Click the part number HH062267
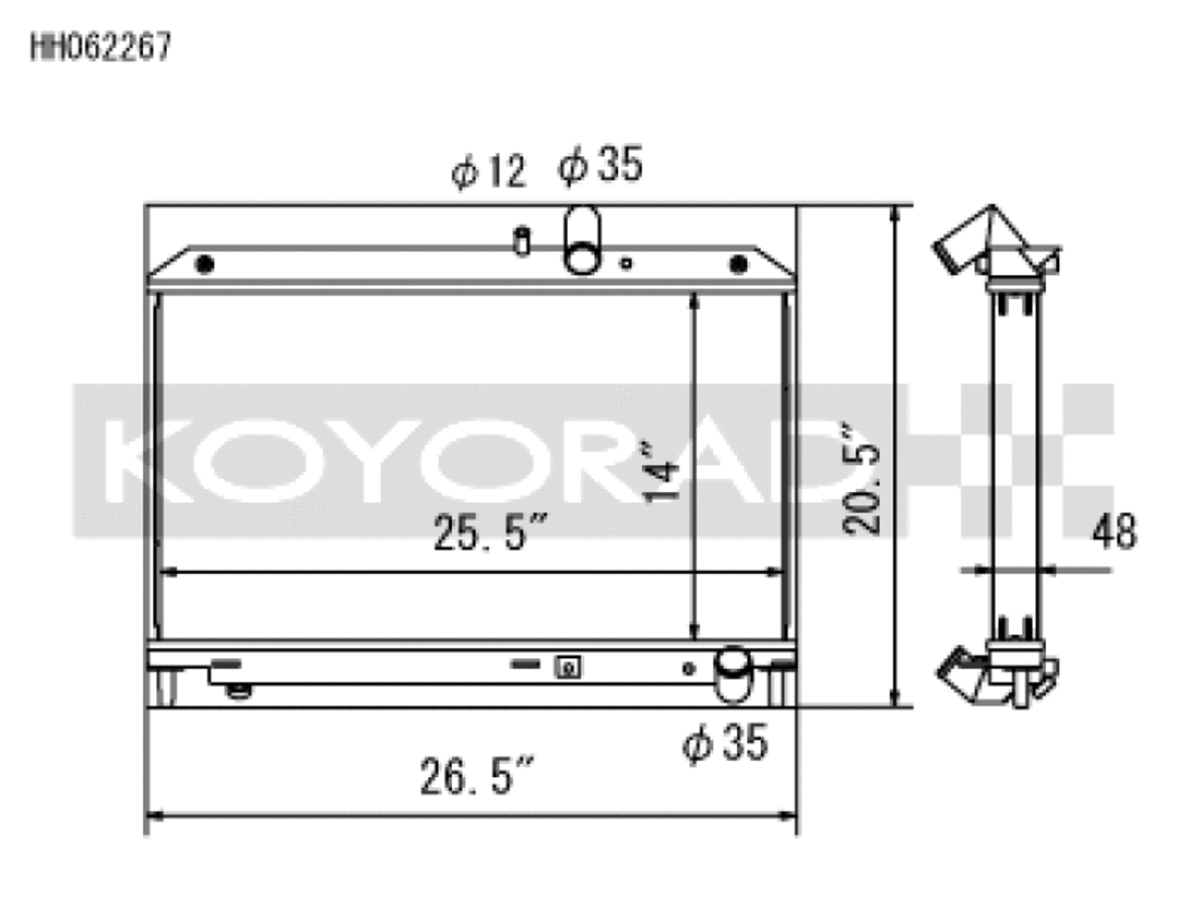pos(101,47)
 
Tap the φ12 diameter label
pos(488,172)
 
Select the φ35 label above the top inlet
pos(600,165)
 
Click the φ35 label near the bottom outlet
pos(725,744)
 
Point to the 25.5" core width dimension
pos(491,534)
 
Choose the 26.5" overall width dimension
pos(477,777)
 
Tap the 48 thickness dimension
pos(1113,533)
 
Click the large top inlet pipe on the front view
pos(582,240)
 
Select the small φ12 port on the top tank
pos(522,239)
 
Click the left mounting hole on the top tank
pos(205,265)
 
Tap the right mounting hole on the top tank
pos(738,265)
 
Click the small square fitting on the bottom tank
pos(567,667)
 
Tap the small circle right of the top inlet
pos(626,264)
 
